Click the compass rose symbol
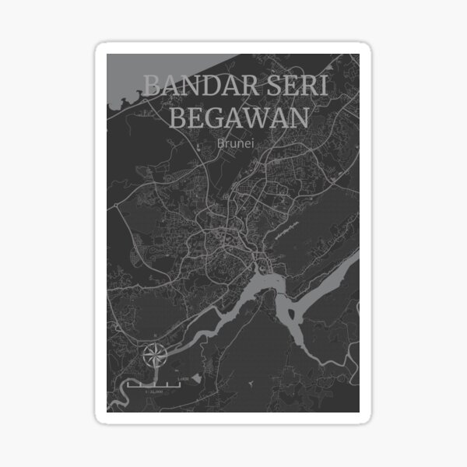tap(155, 356)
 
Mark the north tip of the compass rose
tap(155, 343)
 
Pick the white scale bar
tap(156, 384)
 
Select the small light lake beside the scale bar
tap(195, 377)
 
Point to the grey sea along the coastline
tap(125, 74)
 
